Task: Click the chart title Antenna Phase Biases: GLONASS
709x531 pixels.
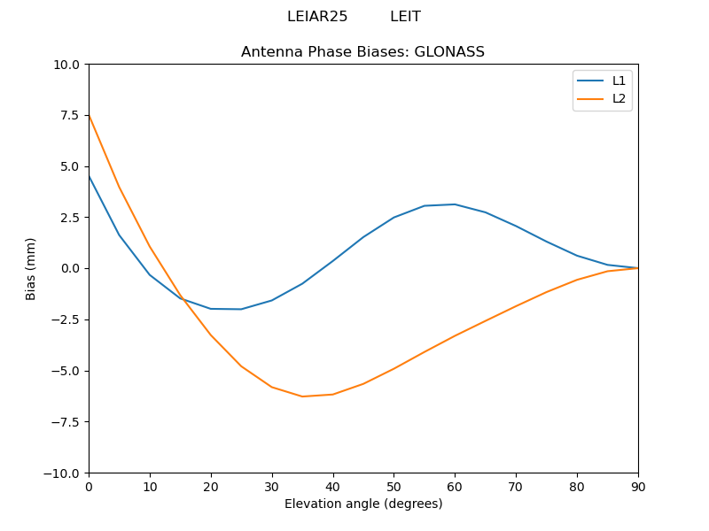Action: (x=362, y=52)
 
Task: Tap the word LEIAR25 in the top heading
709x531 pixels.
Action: (x=317, y=17)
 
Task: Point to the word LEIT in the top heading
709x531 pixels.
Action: (x=405, y=17)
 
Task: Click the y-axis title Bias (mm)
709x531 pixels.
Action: (x=31, y=268)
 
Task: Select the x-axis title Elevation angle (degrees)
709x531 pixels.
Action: (x=362, y=504)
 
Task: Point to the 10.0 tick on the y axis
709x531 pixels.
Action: (x=67, y=65)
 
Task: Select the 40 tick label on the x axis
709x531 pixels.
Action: (x=332, y=487)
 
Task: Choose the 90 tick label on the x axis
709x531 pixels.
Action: (x=637, y=487)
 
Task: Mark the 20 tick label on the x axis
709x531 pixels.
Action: (x=211, y=487)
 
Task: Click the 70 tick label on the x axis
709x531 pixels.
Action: (x=516, y=487)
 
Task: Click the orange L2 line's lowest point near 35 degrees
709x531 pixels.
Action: (x=302, y=396)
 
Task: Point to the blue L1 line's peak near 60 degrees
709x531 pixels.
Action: (x=455, y=204)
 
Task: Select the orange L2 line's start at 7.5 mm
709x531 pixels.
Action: (x=90, y=116)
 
